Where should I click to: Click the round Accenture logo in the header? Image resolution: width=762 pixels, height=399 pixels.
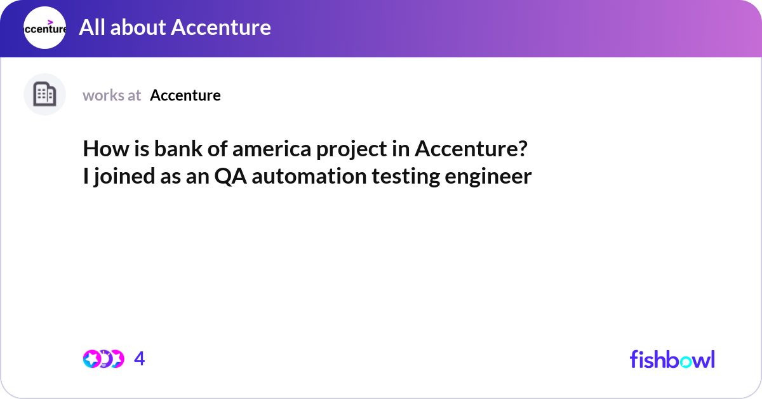[x=44, y=27]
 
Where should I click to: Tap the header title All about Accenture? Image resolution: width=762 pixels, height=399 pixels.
[x=175, y=27]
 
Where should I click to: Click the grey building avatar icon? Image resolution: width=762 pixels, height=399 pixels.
[x=44, y=94]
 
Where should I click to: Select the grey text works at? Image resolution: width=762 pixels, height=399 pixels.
[x=112, y=95]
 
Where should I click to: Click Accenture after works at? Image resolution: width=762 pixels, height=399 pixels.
[x=185, y=95]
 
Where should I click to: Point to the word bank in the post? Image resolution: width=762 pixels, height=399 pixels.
[x=178, y=149]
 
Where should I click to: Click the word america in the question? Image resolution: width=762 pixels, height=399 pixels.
[x=272, y=149]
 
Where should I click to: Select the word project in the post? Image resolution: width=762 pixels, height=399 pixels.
[x=351, y=150]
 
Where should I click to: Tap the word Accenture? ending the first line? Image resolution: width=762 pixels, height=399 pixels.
[x=471, y=149]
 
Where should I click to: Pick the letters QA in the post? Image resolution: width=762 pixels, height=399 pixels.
[x=231, y=177]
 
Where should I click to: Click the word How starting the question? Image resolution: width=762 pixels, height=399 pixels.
[x=106, y=149]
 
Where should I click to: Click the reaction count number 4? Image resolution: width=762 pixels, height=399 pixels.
[x=140, y=358]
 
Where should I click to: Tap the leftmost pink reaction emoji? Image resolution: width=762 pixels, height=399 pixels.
[x=92, y=359]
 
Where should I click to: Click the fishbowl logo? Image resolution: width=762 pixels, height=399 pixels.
[x=672, y=359]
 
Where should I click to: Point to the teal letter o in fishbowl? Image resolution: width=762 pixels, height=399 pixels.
[x=685, y=362]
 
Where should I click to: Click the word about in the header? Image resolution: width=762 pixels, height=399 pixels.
[x=138, y=27]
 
